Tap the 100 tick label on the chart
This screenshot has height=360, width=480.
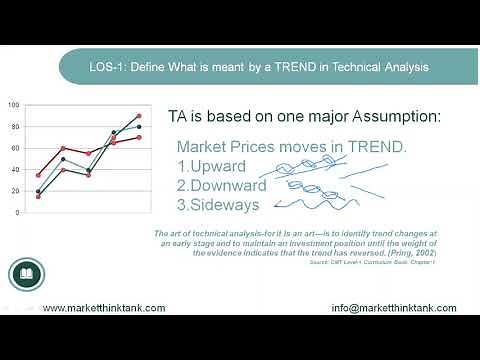pyautogui.click(x=13, y=105)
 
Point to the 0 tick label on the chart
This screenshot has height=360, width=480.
pyautogui.click(x=17, y=213)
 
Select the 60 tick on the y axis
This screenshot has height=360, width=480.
pyautogui.click(x=15, y=148)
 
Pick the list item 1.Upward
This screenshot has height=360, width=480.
pyautogui.click(x=210, y=166)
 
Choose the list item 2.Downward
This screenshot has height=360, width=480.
pyautogui.click(x=221, y=185)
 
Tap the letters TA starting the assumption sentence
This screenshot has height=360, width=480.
pyautogui.click(x=177, y=116)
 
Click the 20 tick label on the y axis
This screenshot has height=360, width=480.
pyautogui.click(x=15, y=191)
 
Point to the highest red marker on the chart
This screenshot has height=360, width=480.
pyautogui.click(x=138, y=116)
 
